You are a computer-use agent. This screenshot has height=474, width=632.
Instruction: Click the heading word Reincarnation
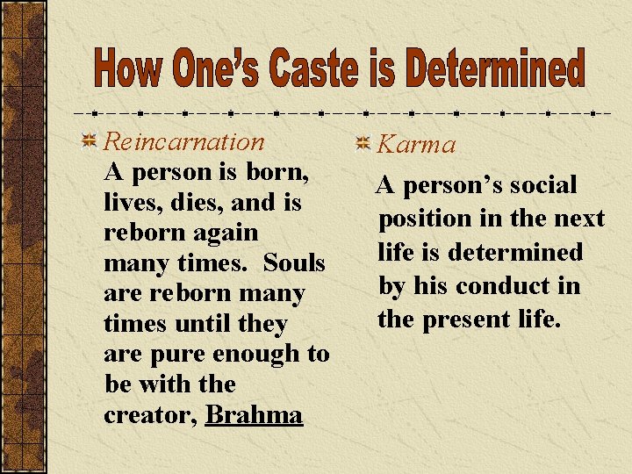183,141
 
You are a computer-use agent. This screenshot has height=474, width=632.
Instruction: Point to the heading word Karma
417,144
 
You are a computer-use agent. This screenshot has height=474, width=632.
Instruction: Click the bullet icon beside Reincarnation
89,141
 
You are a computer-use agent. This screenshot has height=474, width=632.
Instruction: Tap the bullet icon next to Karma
364,143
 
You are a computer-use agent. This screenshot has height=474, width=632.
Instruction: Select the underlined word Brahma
254,414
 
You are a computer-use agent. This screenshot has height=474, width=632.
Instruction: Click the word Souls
294,263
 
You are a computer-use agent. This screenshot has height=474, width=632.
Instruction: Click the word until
205,324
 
